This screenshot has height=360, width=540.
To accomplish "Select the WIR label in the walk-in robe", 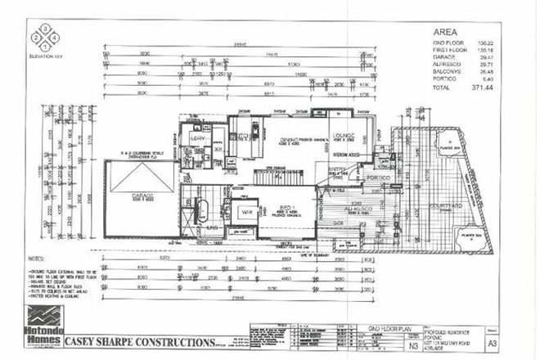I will (245, 212).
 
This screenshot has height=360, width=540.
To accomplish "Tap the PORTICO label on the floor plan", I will (377, 177).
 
